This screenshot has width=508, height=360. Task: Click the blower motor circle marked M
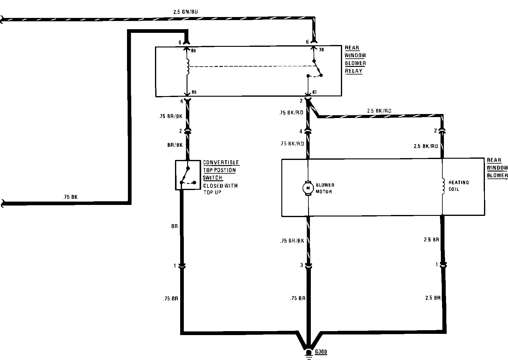[308, 188]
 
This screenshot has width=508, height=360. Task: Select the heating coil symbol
[443, 186]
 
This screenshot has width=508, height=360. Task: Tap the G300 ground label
[321, 351]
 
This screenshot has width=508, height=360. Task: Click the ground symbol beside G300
[309, 355]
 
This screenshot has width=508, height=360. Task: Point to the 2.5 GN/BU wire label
[186, 12]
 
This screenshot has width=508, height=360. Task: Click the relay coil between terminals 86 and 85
[187, 67]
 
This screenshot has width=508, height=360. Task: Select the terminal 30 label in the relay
[321, 50]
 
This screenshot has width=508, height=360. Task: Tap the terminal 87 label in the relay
[314, 92]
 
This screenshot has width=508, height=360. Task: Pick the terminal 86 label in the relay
[193, 50]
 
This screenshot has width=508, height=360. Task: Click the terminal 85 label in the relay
[194, 92]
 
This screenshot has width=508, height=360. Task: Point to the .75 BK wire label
[70, 197]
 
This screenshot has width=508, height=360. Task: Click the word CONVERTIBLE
[221, 163]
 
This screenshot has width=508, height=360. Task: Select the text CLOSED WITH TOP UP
[220, 189]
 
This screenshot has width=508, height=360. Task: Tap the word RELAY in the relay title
[354, 71]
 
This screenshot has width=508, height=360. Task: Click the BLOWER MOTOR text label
[325, 189]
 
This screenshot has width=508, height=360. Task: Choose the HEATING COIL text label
[458, 186]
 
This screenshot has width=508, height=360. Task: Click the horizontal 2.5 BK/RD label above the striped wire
[379, 111]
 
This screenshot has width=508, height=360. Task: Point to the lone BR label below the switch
[174, 226]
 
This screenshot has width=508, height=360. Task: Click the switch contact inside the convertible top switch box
[185, 175]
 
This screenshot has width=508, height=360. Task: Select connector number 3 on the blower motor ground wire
[301, 265]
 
